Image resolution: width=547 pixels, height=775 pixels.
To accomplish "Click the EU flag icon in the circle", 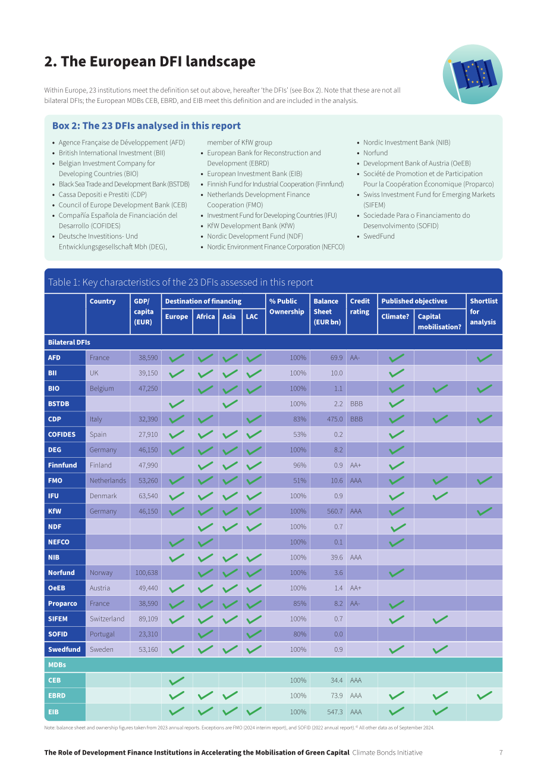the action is click(472, 74).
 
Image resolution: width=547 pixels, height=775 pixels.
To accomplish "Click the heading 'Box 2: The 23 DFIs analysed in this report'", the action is click(146, 126).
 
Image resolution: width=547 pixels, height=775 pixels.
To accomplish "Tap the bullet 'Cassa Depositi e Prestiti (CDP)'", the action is click(103, 195).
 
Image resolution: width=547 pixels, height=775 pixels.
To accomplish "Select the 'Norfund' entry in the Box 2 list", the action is click(375, 152).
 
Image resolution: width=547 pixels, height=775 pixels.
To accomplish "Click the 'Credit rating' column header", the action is click(359, 306).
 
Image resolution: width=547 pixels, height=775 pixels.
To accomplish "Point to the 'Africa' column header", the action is click(205, 316).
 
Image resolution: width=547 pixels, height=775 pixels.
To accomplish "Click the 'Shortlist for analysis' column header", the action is click(483, 311).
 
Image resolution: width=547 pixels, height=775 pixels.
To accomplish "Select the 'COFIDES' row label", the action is click(61, 434).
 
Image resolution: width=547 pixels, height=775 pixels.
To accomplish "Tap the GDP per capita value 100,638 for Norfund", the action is click(146, 573).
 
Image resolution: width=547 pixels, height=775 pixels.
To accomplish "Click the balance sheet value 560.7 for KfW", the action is click(335, 511).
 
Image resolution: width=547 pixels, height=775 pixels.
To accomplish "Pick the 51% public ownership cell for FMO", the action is click(300, 480).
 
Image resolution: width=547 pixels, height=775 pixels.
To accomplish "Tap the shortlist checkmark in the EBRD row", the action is click(485, 695).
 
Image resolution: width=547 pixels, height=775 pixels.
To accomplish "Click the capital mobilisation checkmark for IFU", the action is click(440, 496).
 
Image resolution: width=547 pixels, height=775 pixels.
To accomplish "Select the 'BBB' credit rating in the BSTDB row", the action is click(356, 404).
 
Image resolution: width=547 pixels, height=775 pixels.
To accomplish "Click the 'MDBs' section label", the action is click(57, 665).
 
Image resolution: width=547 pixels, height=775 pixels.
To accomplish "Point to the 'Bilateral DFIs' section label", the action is click(69, 342).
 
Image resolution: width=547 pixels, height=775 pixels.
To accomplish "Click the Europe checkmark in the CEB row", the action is click(177, 680).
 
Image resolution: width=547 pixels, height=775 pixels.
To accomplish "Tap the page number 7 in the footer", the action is click(501, 752).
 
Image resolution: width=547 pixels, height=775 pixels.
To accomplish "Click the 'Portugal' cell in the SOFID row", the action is click(102, 634).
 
